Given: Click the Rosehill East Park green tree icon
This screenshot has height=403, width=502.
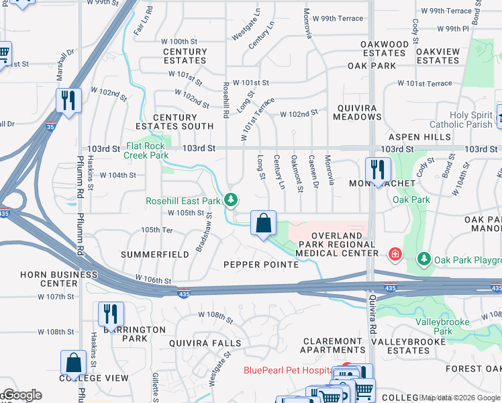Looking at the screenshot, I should point(231,200).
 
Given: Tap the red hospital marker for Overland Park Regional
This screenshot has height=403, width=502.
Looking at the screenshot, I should point(395,254).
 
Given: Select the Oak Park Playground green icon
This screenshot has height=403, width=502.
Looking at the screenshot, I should point(424,259).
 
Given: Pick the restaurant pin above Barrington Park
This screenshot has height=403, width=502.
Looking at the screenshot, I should point(111,314).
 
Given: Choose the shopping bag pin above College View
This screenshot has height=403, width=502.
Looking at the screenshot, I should point(73,362).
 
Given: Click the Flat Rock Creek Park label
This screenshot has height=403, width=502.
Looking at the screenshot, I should point(146,150).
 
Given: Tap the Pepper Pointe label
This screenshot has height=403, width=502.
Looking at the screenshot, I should point(260,265).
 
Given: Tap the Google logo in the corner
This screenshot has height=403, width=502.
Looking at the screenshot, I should point(21,395).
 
